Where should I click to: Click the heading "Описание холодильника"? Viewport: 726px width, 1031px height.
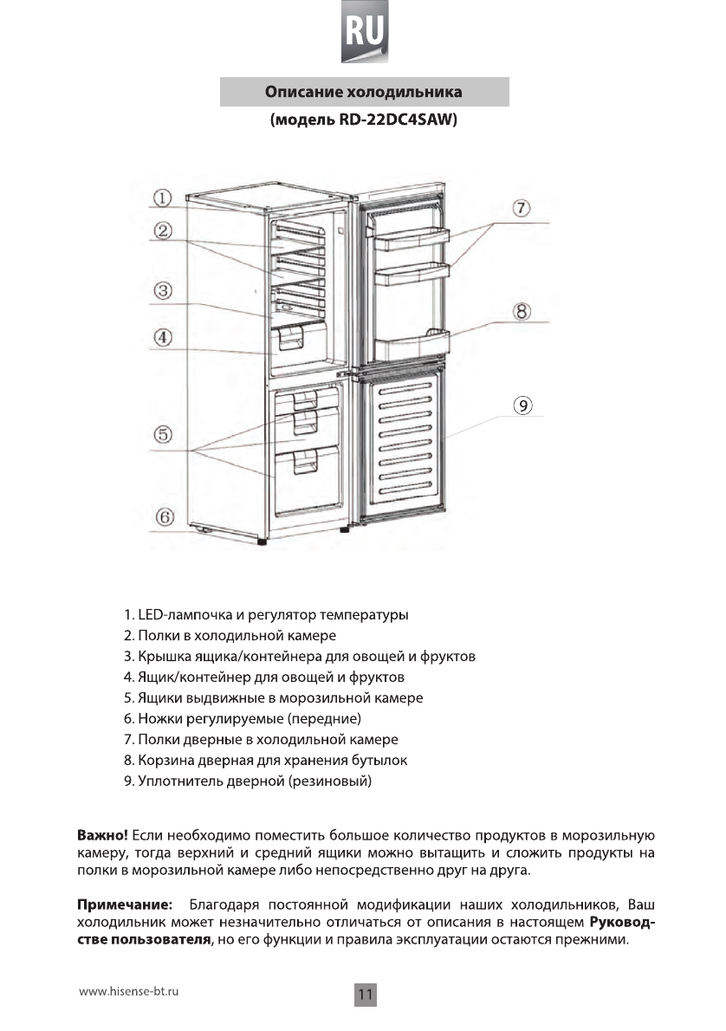[x=363, y=91]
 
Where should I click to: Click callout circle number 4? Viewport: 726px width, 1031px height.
[x=164, y=335]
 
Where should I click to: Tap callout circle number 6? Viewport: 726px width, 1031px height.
[x=164, y=517]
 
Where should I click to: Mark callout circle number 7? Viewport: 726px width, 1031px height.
[x=520, y=209]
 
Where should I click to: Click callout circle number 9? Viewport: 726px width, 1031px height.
[x=522, y=405]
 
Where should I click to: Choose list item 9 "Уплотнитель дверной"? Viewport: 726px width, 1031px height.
[x=248, y=783]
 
